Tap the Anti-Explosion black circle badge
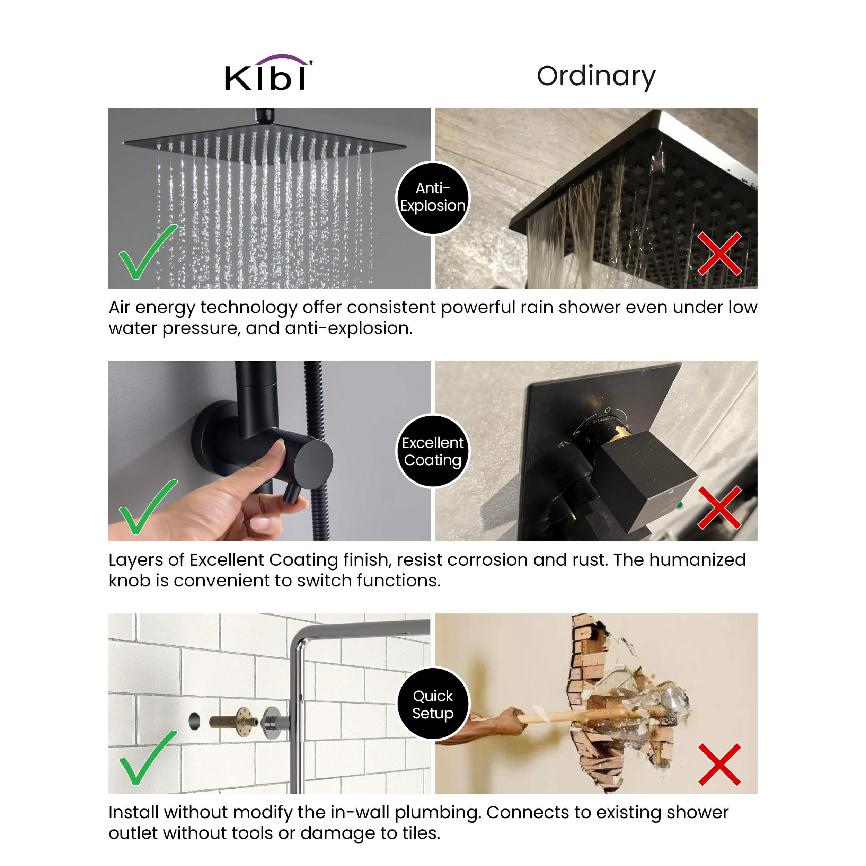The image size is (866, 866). (x=433, y=198)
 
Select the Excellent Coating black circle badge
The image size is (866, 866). (x=433, y=451)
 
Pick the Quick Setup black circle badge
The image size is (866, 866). (x=433, y=704)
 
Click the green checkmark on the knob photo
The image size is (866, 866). (x=148, y=507)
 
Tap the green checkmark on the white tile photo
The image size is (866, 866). (x=148, y=758)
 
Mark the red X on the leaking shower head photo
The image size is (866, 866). (x=719, y=254)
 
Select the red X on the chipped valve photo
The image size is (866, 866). (x=719, y=508)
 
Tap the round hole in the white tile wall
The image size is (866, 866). (x=194, y=721)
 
